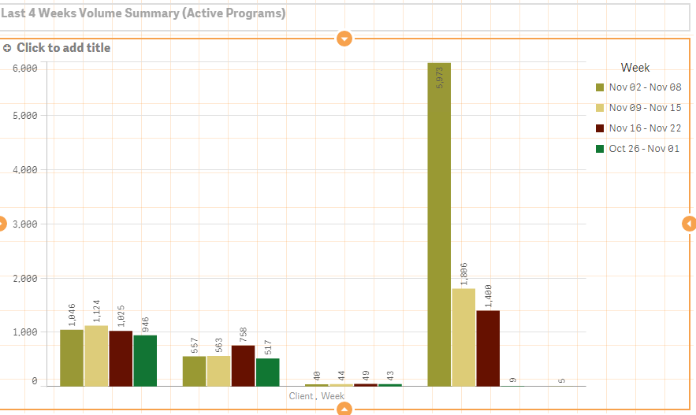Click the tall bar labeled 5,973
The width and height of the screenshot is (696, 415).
(x=439, y=224)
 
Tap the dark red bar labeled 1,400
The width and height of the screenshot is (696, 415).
(x=488, y=348)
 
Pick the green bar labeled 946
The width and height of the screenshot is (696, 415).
(x=145, y=361)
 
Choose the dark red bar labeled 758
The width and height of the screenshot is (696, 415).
(x=243, y=365)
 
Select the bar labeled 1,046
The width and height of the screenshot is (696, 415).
(x=72, y=358)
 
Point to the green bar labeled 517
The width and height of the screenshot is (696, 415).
(x=267, y=372)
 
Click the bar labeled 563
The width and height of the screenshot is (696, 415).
(x=218, y=371)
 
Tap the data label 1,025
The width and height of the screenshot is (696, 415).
(x=121, y=316)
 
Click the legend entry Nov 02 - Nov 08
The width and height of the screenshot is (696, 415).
(x=645, y=87)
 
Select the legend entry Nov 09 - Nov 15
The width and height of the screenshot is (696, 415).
(x=645, y=108)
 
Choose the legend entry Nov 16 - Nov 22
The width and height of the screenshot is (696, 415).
(x=645, y=128)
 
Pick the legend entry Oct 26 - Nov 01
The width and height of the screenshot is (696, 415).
(x=645, y=149)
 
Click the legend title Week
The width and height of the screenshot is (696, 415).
(x=635, y=68)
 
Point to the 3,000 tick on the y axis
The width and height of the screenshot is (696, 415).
(x=25, y=224)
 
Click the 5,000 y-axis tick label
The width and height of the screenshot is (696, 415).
(x=25, y=115)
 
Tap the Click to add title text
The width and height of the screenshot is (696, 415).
(x=63, y=48)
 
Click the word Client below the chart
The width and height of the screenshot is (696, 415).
(x=301, y=396)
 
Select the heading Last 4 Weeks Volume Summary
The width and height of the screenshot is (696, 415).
(x=143, y=13)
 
